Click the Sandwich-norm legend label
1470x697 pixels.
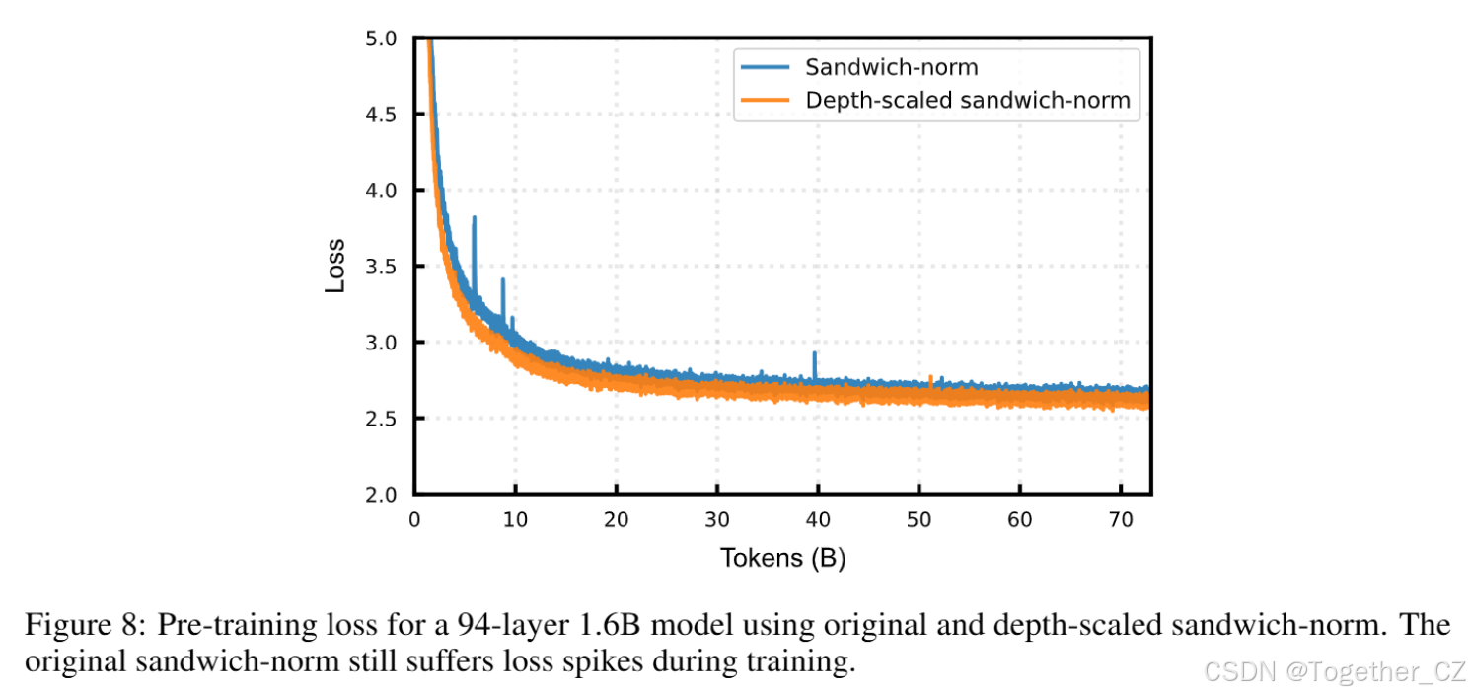click(x=891, y=67)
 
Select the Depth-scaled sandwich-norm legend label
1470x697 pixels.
click(x=967, y=100)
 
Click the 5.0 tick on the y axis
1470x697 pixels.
click(x=381, y=39)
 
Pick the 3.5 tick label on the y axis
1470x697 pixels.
click(x=381, y=267)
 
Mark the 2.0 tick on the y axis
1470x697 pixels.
click(x=381, y=494)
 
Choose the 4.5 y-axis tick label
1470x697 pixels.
click(x=381, y=115)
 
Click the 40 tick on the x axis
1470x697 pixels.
click(x=818, y=519)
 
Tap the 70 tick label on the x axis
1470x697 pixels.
click(x=1121, y=519)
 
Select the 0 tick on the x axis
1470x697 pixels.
click(x=414, y=519)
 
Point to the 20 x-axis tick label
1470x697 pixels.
click(x=616, y=519)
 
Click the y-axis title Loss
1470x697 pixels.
click(x=336, y=265)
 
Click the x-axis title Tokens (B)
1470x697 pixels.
click(x=782, y=558)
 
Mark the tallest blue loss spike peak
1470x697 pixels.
click(x=475, y=218)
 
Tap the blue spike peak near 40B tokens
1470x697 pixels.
click(x=814, y=352)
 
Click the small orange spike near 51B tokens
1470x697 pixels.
click(x=930, y=377)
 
